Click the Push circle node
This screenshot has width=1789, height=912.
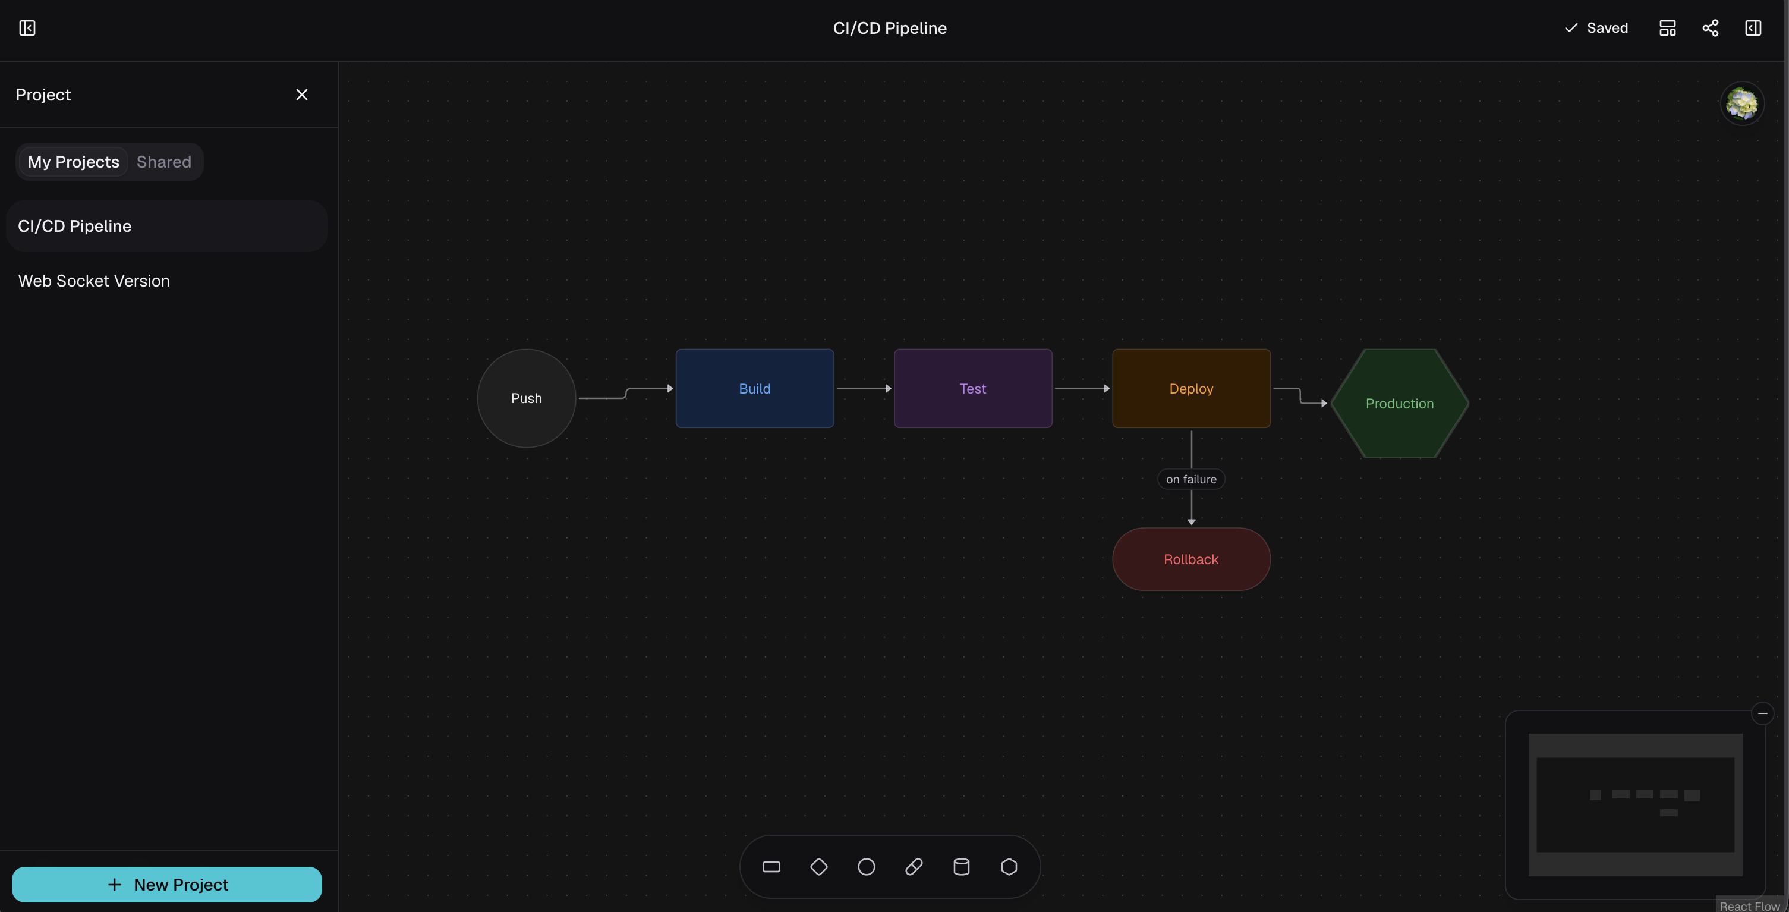pyautogui.click(x=527, y=398)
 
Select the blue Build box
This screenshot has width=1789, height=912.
pyautogui.click(x=754, y=388)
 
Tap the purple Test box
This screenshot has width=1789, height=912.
pyautogui.click(x=972, y=388)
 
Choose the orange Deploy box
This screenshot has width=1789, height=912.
pyautogui.click(x=1191, y=388)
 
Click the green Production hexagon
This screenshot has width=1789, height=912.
pyautogui.click(x=1399, y=404)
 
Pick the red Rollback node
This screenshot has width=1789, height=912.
pyautogui.click(x=1191, y=559)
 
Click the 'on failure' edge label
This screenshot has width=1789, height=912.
pyautogui.click(x=1191, y=479)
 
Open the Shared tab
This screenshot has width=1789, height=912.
pyautogui.click(x=164, y=162)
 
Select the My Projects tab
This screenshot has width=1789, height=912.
pyautogui.click(x=73, y=162)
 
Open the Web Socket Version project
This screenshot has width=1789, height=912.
pyautogui.click(x=94, y=281)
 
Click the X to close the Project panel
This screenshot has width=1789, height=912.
pyautogui.click(x=301, y=95)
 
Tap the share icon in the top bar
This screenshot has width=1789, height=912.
pyautogui.click(x=1710, y=28)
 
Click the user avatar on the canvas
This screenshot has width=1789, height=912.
pyautogui.click(x=1742, y=103)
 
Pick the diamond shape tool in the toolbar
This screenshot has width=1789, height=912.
pyautogui.click(x=819, y=867)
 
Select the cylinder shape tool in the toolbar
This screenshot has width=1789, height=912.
pyautogui.click(x=961, y=867)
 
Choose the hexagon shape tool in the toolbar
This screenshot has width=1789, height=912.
pyautogui.click(x=1009, y=867)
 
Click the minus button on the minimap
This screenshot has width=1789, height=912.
pyautogui.click(x=1763, y=713)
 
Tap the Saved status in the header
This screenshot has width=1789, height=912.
pyautogui.click(x=1595, y=28)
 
